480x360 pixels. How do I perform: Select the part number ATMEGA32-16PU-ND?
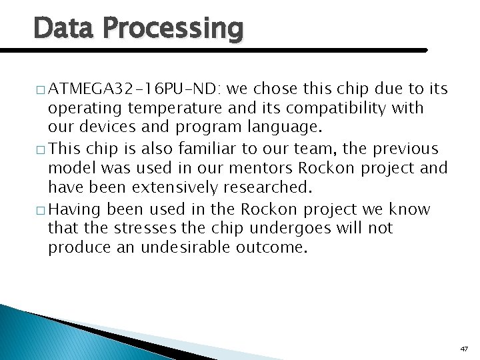coord(136,89)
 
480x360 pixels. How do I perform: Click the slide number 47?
coord(464,349)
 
